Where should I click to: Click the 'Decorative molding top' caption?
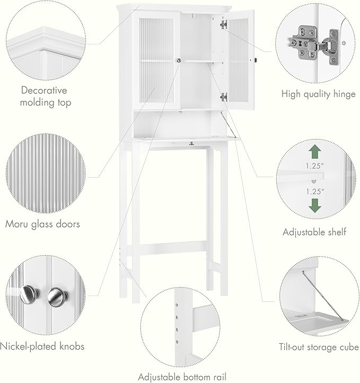45,96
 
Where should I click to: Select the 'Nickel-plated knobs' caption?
42,346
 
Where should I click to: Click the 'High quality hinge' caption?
318,94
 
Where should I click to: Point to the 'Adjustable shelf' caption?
314,232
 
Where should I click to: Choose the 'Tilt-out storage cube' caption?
318,347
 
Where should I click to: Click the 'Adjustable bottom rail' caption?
182,377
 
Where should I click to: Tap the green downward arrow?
314,205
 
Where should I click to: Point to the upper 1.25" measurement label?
314,166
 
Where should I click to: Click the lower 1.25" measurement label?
314,190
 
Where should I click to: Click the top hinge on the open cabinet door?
223,24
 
